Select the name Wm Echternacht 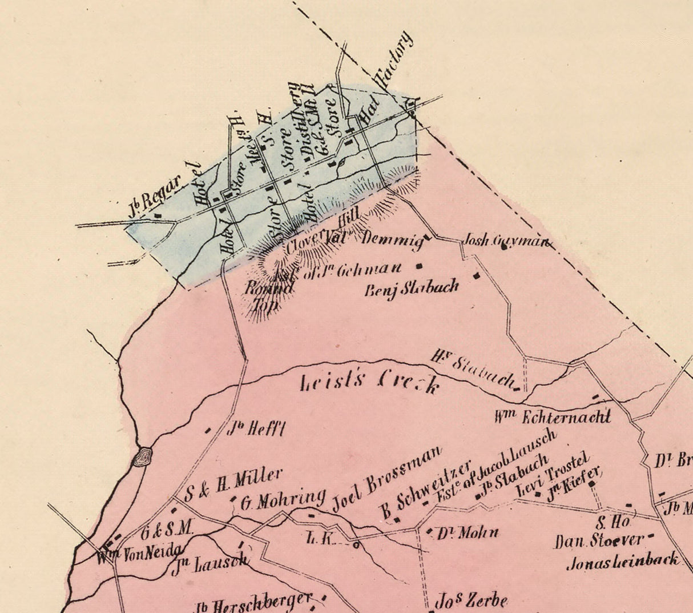553,417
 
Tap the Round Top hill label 263,295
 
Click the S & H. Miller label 234,483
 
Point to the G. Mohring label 282,500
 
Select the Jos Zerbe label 471,601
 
